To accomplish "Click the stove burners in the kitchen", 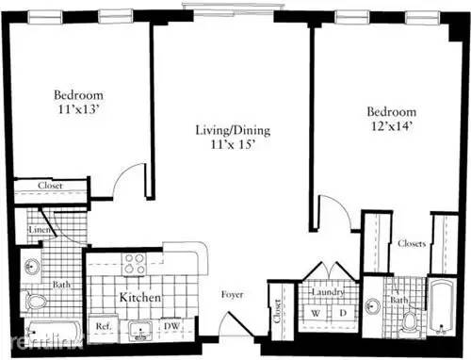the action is (135, 264).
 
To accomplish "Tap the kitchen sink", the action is (140, 331).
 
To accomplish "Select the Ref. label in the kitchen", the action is (104, 326).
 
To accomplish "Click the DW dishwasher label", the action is (172, 326).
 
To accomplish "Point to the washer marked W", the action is (316, 313).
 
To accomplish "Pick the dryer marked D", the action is (343, 313).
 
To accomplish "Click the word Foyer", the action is (232, 295).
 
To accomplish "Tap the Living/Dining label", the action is (233, 130).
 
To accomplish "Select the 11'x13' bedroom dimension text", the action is (79, 109).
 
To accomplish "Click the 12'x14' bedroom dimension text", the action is (392, 125).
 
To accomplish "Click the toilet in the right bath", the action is (410, 321).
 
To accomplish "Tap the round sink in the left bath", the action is (30, 268).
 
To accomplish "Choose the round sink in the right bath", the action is (373, 305).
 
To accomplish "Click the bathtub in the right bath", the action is (442, 305).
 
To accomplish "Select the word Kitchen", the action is (140, 297).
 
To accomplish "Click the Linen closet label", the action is (39, 230).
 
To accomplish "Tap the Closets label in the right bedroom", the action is (412, 243).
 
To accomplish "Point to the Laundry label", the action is (328, 292).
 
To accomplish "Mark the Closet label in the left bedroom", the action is (50, 186).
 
